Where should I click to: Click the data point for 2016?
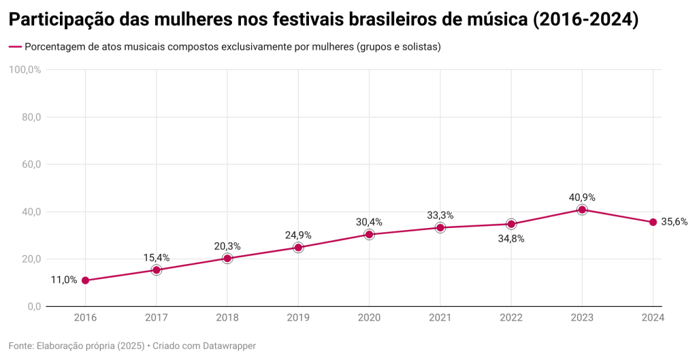point(85,280)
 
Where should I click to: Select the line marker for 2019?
point(298,248)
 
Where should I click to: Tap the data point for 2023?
point(582,210)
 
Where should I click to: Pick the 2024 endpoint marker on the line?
point(653,222)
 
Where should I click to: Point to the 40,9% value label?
point(582,197)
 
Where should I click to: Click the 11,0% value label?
point(64,280)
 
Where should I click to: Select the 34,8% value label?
point(511,239)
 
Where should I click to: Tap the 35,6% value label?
point(674,222)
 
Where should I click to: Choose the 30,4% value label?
point(369,222)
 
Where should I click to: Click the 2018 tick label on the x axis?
point(227,318)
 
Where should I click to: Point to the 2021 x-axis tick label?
point(440,318)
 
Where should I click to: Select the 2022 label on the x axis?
point(511,318)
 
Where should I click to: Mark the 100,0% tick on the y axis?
point(25,69)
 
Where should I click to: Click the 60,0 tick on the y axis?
point(31,164)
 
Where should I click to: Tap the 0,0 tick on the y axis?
point(34,306)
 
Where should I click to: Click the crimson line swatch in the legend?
point(14,48)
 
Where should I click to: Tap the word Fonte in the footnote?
point(21,346)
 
